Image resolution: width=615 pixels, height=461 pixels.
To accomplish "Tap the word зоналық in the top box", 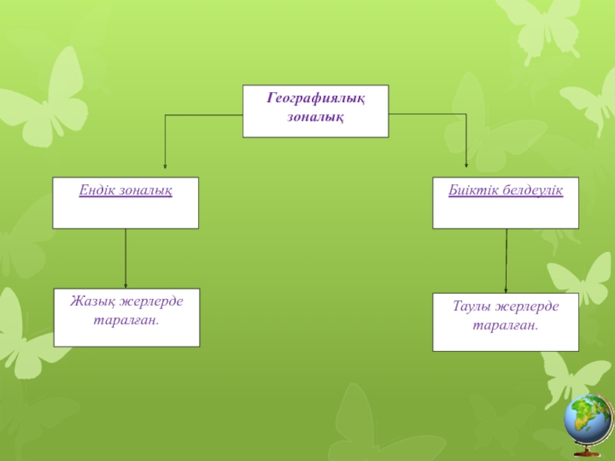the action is tap(315, 117).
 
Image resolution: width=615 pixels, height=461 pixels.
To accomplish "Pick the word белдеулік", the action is tap(531, 190).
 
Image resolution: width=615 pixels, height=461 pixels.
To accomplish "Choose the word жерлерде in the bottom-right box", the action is tap(527, 307).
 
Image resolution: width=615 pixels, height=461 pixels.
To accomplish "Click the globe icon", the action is tap(589, 419).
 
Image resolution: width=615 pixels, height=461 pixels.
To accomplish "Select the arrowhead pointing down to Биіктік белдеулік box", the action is tap(467, 165).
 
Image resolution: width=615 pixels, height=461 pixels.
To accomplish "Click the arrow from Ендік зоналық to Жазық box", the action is tap(126, 258).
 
